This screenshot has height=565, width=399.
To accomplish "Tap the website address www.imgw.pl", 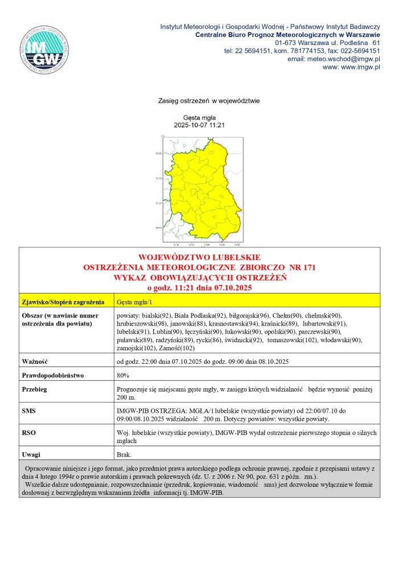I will click(x=359, y=67).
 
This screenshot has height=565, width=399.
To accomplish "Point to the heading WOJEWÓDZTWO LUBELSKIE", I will click(x=199, y=258).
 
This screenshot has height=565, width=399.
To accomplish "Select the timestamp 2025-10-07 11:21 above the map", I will click(x=199, y=125).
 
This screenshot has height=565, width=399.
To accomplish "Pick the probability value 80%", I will click(x=123, y=376).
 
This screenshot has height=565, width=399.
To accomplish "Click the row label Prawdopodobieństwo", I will click(x=52, y=376).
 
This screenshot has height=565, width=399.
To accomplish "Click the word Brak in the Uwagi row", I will click(x=124, y=454).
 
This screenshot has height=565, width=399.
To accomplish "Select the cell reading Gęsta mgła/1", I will click(x=135, y=302).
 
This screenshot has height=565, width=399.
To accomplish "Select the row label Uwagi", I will click(x=32, y=454).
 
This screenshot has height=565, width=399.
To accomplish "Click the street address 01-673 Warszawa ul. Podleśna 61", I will click(x=327, y=42).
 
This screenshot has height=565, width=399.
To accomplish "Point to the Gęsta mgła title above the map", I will click(x=199, y=117).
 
